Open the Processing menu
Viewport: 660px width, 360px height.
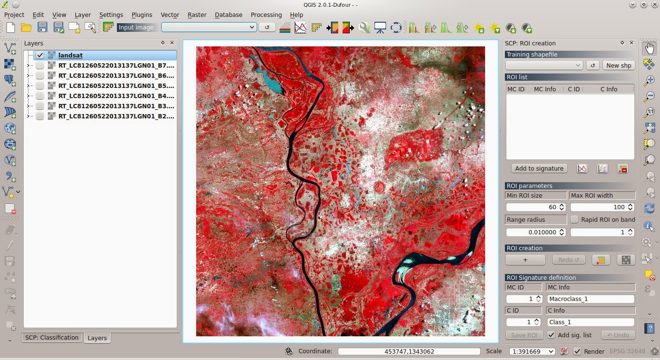pos(266,15)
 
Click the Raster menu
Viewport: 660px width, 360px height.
pos(197,15)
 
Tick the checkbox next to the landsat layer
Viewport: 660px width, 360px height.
pos(40,56)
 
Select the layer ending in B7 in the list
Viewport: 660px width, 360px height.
pos(116,65)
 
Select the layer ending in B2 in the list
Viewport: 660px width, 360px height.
pos(116,116)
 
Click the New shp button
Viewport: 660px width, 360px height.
pos(618,65)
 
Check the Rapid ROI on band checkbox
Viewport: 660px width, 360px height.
pos(574,219)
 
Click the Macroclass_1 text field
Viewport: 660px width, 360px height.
pos(590,299)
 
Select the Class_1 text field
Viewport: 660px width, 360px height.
pos(590,322)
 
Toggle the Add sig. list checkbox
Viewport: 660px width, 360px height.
pos(551,335)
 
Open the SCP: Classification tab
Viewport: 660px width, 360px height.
pos(52,337)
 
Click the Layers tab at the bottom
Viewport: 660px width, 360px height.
pos(97,338)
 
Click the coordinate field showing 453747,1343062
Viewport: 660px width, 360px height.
pos(409,351)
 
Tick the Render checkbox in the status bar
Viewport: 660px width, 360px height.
pos(577,351)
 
